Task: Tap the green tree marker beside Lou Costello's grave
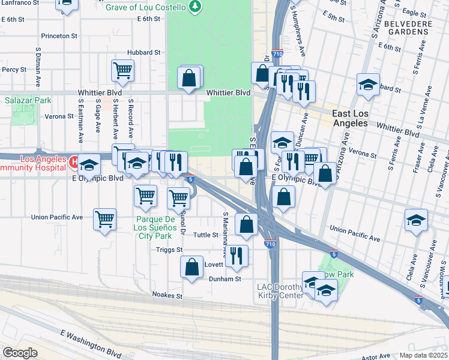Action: pos(194,7)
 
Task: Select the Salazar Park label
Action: pos(28,101)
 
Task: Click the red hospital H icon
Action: pos(74,161)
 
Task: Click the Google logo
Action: pos(20,352)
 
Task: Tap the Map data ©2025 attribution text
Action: pos(423,355)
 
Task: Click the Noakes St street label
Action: pos(167,295)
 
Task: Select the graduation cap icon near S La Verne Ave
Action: pos(368,84)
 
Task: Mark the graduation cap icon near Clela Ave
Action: pos(416,219)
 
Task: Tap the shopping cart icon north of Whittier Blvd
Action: pos(122,70)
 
